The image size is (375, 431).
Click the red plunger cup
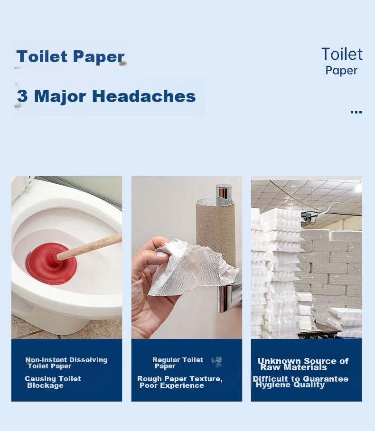pos(51,264)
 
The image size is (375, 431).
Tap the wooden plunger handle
pos(89,246)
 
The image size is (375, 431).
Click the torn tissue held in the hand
pos(192,268)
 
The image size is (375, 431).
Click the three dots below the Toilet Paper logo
pos(356,112)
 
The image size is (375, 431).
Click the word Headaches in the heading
pos(144,96)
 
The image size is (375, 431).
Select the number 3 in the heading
pos(22,96)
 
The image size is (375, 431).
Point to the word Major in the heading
pos(60,96)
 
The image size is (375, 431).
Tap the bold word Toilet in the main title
pos(42,56)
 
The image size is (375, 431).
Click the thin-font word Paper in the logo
pos(341,71)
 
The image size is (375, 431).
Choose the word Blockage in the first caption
pos(46,385)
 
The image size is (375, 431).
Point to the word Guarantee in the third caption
pos(326,379)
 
